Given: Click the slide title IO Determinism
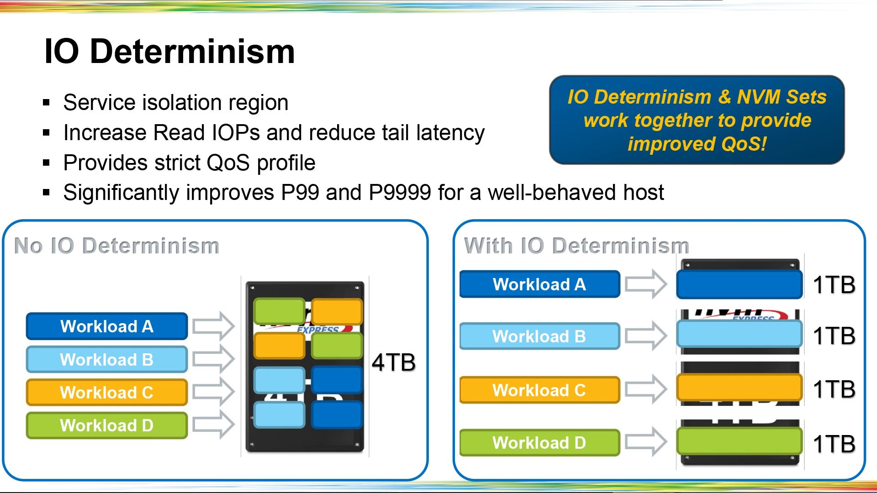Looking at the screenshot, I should (x=169, y=51).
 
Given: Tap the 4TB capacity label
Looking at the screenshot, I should (x=393, y=362).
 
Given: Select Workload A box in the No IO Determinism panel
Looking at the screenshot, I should (x=107, y=326).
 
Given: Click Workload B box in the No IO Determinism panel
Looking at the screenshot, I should (x=107, y=360).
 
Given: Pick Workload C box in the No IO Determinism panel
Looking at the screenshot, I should (x=107, y=393).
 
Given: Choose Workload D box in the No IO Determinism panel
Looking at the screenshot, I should (x=107, y=425).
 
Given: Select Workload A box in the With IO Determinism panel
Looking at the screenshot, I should (x=539, y=284).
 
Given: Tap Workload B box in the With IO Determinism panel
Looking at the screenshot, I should (x=539, y=336).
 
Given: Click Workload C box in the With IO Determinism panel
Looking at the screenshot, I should (x=539, y=390).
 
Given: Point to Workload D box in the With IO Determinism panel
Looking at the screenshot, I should (x=539, y=443).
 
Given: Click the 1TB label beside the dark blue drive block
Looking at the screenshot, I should (x=834, y=285).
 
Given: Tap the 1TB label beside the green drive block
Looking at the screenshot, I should (x=834, y=444).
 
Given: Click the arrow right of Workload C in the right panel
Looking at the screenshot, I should (x=646, y=389).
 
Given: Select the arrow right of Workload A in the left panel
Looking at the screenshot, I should (x=213, y=326).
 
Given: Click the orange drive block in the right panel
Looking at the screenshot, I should (x=739, y=388).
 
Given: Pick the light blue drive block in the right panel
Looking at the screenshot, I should (x=739, y=334).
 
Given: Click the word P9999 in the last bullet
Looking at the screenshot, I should (x=400, y=193).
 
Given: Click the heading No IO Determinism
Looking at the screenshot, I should (x=117, y=246).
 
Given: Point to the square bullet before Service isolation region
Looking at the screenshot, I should (x=46, y=103).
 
